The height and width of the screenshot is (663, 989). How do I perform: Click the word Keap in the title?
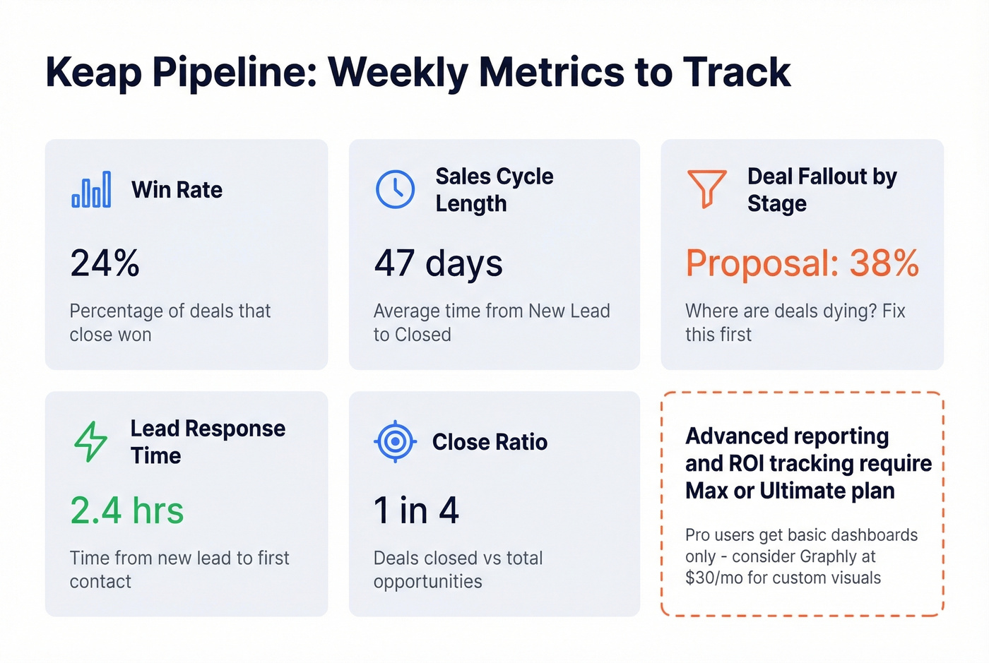(x=93, y=72)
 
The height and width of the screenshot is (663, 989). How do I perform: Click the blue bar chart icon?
(x=91, y=189)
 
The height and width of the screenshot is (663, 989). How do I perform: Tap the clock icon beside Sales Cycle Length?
(x=395, y=189)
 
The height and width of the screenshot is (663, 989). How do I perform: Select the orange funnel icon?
(x=706, y=189)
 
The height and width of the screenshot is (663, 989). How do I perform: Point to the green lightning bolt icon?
(x=91, y=442)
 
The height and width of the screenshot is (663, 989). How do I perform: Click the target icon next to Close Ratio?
(x=395, y=441)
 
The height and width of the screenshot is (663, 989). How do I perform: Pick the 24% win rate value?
(x=105, y=263)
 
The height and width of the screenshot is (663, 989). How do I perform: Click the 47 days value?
(x=438, y=263)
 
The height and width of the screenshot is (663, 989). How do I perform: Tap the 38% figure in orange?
(x=884, y=263)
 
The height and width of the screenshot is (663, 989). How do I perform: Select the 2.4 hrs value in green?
(x=127, y=510)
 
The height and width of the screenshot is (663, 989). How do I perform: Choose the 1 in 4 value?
(x=416, y=510)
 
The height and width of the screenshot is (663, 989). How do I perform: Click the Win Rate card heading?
(x=177, y=190)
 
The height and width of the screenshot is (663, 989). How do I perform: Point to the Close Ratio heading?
(x=490, y=442)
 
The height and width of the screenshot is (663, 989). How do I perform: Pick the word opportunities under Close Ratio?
(x=427, y=582)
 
